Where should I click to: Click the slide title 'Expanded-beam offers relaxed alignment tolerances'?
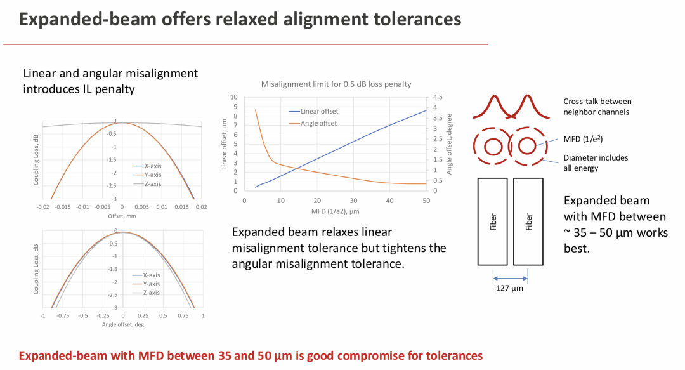[x=240, y=20]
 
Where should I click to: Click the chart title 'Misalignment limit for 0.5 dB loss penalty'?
[x=336, y=84]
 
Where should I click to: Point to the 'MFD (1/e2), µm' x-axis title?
[x=336, y=210]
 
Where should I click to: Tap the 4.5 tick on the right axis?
[x=438, y=98]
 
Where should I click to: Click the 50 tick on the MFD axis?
[x=426, y=200]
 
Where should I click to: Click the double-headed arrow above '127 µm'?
[x=511, y=278]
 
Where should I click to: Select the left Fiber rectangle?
[x=492, y=221]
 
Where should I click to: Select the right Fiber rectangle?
[x=528, y=221]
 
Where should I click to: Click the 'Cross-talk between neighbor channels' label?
[x=597, y=107]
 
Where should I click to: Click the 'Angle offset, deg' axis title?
[x=123, y=324]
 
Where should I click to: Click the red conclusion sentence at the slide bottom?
[x=251, y=355]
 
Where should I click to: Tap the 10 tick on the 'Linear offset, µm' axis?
[x=233, y=98]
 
